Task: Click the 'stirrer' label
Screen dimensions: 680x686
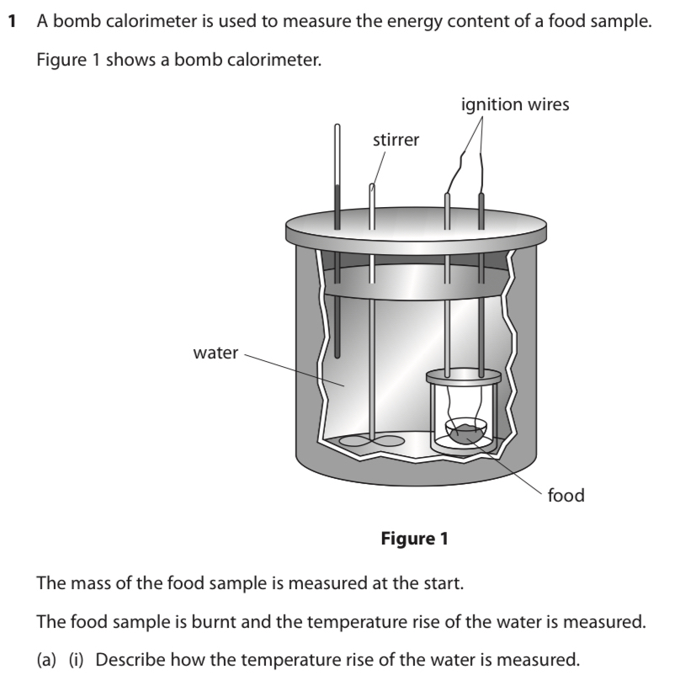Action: point(396,140)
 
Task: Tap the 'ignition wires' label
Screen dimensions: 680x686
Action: point(515,104)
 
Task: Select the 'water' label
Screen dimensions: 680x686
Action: point(215,353)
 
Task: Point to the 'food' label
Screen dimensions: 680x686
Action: point(566,495)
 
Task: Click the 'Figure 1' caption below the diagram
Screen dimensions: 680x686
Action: point(414,538)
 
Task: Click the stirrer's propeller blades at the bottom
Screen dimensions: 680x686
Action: point(370,439)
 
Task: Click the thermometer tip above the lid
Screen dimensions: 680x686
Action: point(338,131)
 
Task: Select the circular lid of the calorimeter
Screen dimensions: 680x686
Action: point(412,226)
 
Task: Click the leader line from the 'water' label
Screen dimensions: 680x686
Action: point(295,369)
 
